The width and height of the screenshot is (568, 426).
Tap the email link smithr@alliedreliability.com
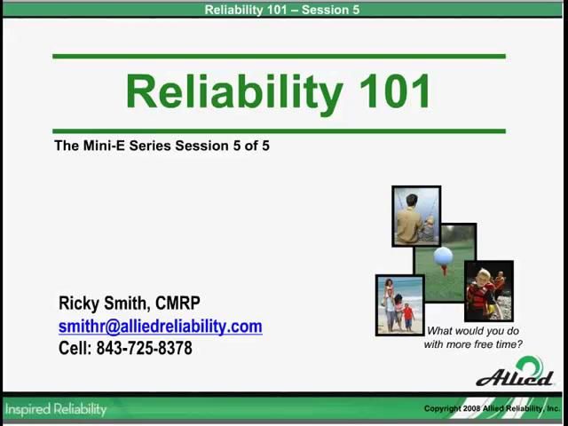(x=160, y=327)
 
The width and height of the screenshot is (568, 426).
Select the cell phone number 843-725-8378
(x=144, y=349)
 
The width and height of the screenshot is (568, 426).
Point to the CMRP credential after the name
(x=177, y=304)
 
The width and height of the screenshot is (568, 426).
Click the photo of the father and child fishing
(x=415, y=216)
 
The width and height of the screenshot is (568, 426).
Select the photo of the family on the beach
(x=398, y=304)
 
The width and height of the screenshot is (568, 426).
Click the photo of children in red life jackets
(x=488, y=291)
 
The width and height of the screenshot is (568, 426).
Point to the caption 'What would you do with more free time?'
(x=473, y=337)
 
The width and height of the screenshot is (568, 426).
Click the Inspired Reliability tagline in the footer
(x=55, y=409)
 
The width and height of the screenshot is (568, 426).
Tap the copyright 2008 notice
(x=491, y=409)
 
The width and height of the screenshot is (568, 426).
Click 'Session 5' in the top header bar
(x=330, y=10)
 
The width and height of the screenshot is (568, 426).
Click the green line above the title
(x=279, y=57)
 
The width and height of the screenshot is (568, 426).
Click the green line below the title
(x=279, y=131)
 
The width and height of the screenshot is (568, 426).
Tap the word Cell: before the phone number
(x=75, y=349)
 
